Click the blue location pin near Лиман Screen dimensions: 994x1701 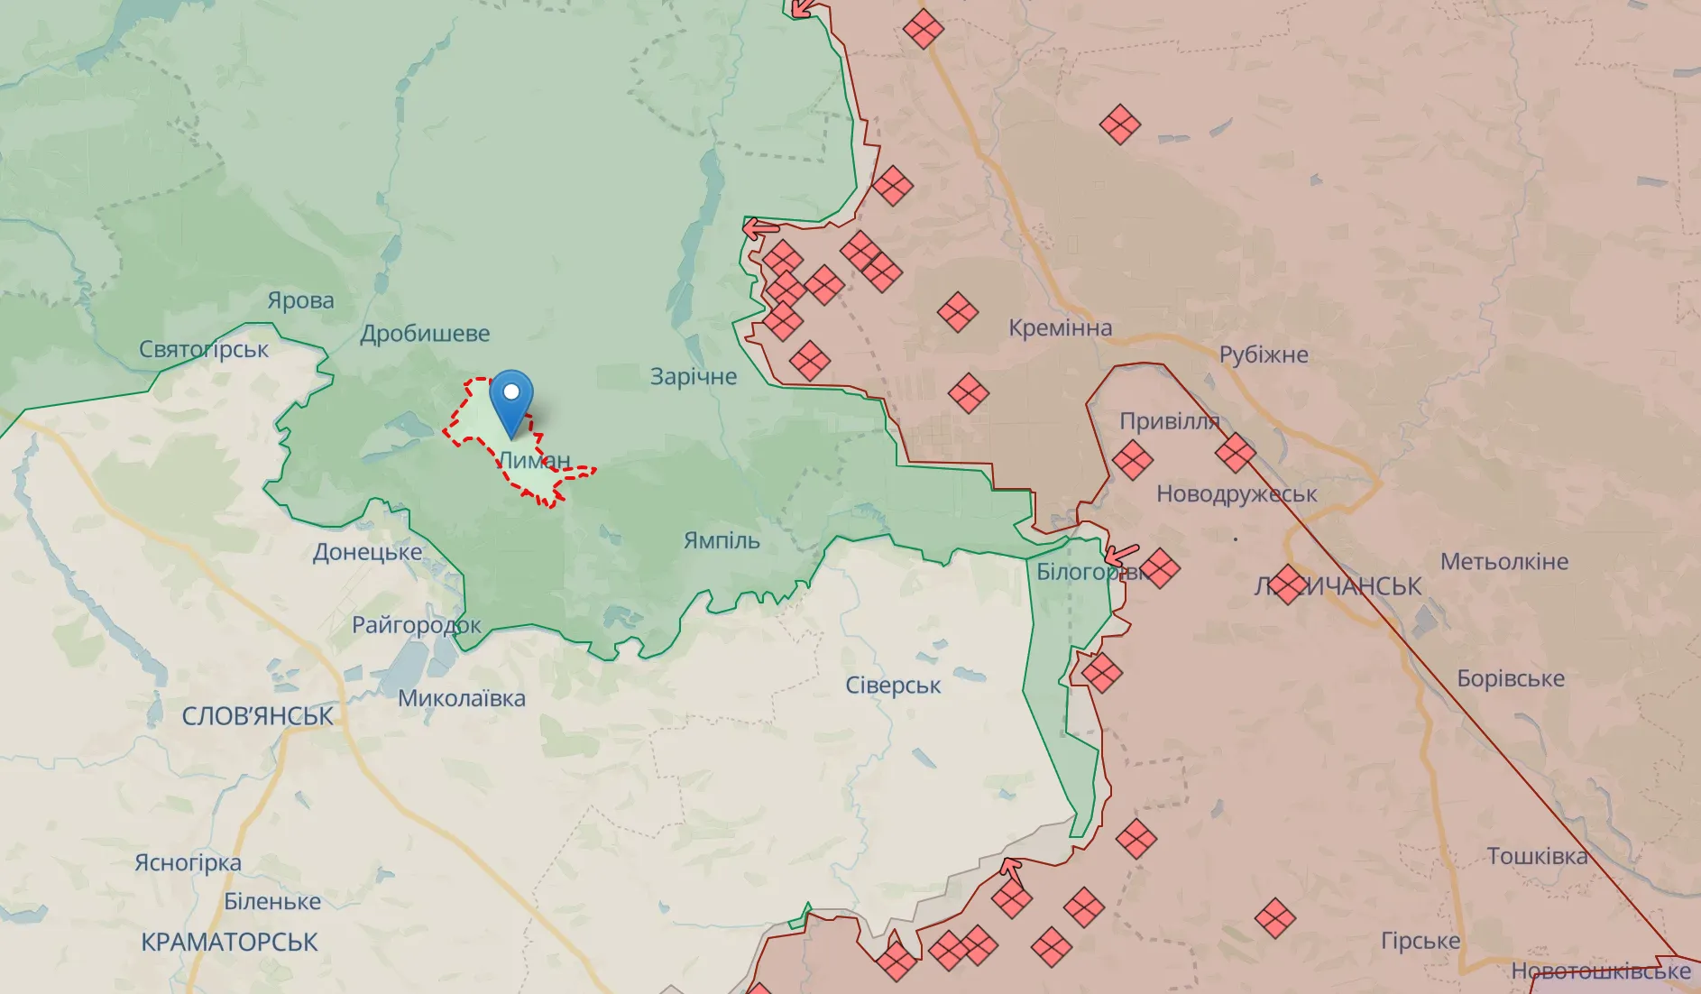point(511,402)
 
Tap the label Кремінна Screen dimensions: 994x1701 point(1060,327)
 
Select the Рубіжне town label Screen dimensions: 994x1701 point(1263,354)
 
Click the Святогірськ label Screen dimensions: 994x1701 point(204,349)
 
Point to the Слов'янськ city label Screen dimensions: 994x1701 point(257,716)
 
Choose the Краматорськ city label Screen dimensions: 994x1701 point(229,942)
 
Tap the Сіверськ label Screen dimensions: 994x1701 point(893,686)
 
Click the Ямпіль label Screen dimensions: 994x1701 point(722,540)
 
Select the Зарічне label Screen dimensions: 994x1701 point(694,376)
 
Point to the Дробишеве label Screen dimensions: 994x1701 point(425,334)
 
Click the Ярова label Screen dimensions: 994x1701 point(300,300)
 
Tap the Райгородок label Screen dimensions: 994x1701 point(416,625)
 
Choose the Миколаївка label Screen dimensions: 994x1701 point(461,698)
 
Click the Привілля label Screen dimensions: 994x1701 point(1169,421)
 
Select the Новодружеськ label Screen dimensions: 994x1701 point(1237,494)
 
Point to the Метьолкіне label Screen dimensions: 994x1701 point(1503,562)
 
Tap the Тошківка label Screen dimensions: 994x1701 point(1537,856)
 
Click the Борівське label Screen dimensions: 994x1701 point(1511,678)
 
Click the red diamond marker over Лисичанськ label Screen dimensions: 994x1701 point(1288,584)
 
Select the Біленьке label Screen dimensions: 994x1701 point(272,901)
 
